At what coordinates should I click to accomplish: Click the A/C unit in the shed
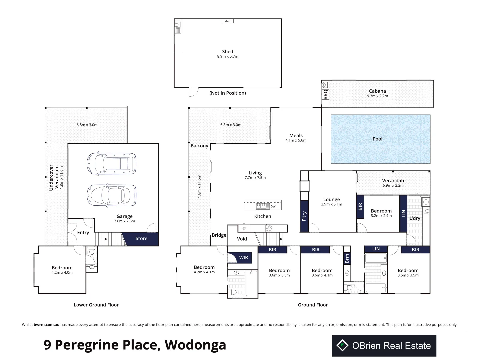click(228, 21)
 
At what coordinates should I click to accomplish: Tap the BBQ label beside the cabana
click(325, 95)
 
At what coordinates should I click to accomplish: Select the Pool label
click(377, 139)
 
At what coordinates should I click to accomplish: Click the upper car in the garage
click(112, 163)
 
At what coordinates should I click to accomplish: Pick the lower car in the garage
click(112, 195)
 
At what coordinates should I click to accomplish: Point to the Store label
click(141, 238)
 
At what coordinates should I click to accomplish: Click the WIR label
click(243, 257)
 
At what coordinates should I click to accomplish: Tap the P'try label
click(304, 216)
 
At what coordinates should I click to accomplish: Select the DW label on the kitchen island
click(273, 206)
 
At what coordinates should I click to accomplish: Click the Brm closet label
click(347, 259)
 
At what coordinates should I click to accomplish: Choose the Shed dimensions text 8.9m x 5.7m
click(228, 56)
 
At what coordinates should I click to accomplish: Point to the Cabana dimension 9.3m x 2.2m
click(377, 96)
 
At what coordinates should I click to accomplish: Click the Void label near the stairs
click(242, 239)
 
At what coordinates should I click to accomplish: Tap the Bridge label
click(219, 235)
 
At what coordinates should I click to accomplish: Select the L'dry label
click(415, 218)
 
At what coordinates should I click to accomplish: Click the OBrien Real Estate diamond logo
click(342, 345)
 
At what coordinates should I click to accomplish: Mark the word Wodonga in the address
click(195, 345)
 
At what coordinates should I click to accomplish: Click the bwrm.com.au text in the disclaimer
click(46, 325)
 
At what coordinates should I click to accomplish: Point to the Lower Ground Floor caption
click(96, 305)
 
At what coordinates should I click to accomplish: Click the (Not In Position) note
click(228, 93)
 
